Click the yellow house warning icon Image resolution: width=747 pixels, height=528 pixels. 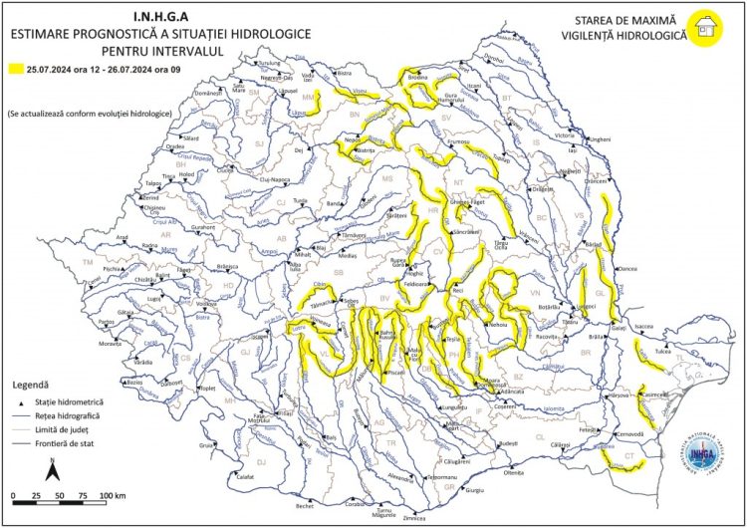point(706,25)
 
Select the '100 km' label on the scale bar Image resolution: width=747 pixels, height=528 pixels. point(112,495)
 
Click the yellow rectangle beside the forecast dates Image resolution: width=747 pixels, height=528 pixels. point(16,70)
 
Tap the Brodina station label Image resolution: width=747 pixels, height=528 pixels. point(417,78)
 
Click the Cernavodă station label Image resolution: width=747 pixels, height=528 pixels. point(632,435)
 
